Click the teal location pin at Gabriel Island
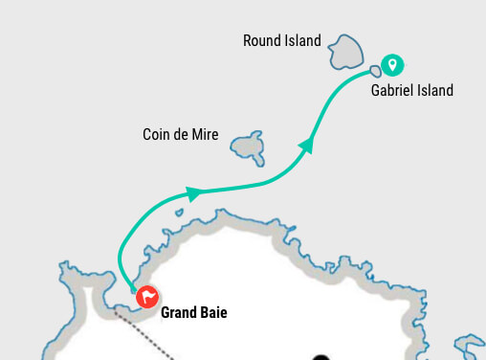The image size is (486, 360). (391, 65)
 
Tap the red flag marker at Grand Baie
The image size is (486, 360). (146, 297)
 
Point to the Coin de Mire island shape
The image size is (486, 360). (247, 146)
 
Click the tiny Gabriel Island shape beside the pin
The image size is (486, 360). (376, 70)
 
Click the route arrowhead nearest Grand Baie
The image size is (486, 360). (193, 193)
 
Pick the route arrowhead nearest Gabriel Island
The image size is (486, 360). (306, 145)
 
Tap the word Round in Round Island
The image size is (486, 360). (261, 40)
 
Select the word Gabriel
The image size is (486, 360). (392, 91)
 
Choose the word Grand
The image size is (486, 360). (179, 312)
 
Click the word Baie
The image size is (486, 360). (214, 312)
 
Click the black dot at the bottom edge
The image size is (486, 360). (320, 357)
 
